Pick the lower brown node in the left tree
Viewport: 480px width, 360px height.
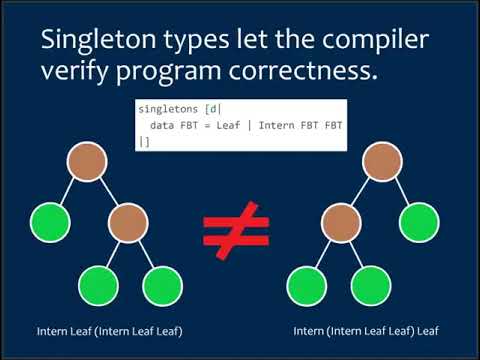130,221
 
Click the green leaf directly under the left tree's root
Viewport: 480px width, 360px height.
50,221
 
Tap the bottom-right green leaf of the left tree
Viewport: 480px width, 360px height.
162,286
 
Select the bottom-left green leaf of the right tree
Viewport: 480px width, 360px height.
307,286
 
